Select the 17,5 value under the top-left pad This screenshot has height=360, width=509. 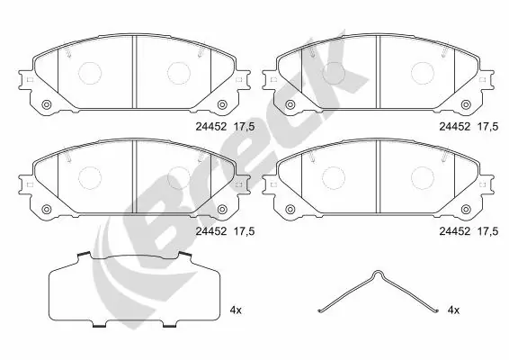click(246, 128)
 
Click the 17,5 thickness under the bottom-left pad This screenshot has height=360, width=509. click(246, 230)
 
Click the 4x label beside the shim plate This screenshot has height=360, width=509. click(237, 310)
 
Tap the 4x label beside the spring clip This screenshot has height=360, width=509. click(454, 310)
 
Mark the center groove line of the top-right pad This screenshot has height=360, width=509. click(379, 72)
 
